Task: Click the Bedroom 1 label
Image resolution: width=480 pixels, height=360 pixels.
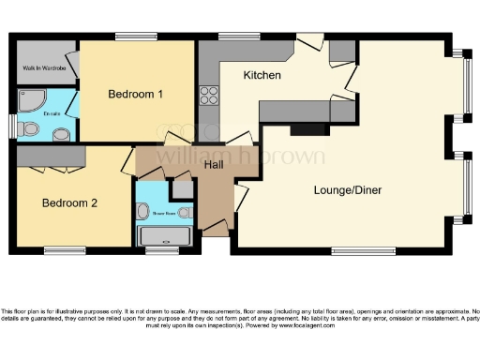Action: [x=136, y=95]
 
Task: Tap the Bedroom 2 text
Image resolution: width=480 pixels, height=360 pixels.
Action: [x=70, y=202]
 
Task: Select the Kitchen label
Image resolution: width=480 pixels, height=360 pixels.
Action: [x=262, y=75]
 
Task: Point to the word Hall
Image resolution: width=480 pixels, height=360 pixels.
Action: [x=214, y=166]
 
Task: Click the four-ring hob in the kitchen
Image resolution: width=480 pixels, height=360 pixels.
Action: [x=208, y=96]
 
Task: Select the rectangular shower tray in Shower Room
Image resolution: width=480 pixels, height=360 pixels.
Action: [x=165, y=235]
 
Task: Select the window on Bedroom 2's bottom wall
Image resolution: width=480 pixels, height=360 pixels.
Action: [x=63, y=250]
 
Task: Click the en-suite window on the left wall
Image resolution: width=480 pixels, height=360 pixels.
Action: [x=11, y=124]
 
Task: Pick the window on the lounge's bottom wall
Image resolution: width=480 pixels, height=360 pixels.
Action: [x=360, y=250]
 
